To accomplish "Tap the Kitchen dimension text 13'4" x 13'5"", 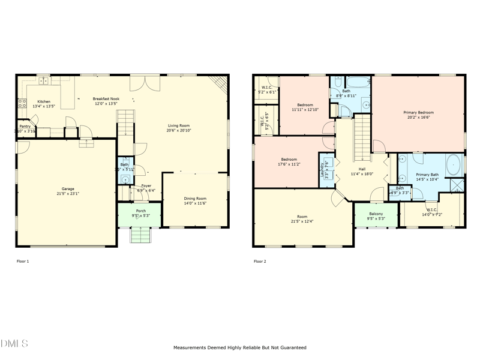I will pos(43,106).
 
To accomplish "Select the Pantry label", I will pos(25,126).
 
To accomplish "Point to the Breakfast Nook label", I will pos(106,98).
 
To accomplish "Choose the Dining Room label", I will pos(195,199).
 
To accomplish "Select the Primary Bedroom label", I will pos(418,112).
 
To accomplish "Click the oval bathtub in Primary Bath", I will pos(454,164).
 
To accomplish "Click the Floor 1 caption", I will pos(22,262).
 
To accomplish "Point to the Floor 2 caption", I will pos(260,262).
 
